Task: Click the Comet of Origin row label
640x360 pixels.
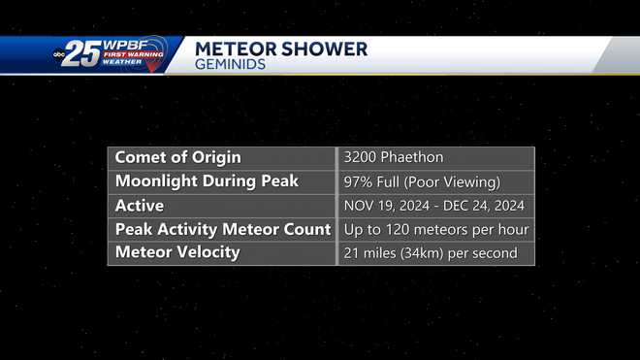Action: (177, 157)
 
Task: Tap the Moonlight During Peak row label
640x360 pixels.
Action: (207, 181)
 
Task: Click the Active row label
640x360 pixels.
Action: (140, 206)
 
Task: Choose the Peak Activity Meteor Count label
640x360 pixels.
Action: (221, 230)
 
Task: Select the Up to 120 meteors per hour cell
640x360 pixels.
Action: (436, 230)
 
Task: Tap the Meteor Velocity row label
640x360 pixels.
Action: (176, 253)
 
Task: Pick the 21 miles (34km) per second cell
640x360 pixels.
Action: (431, 253)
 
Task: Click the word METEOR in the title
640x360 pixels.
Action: (232, 49)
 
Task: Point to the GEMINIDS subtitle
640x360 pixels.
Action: (229, 65)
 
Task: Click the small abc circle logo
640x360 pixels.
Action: (59, 55)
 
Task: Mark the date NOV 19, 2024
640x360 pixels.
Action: (385, 206)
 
